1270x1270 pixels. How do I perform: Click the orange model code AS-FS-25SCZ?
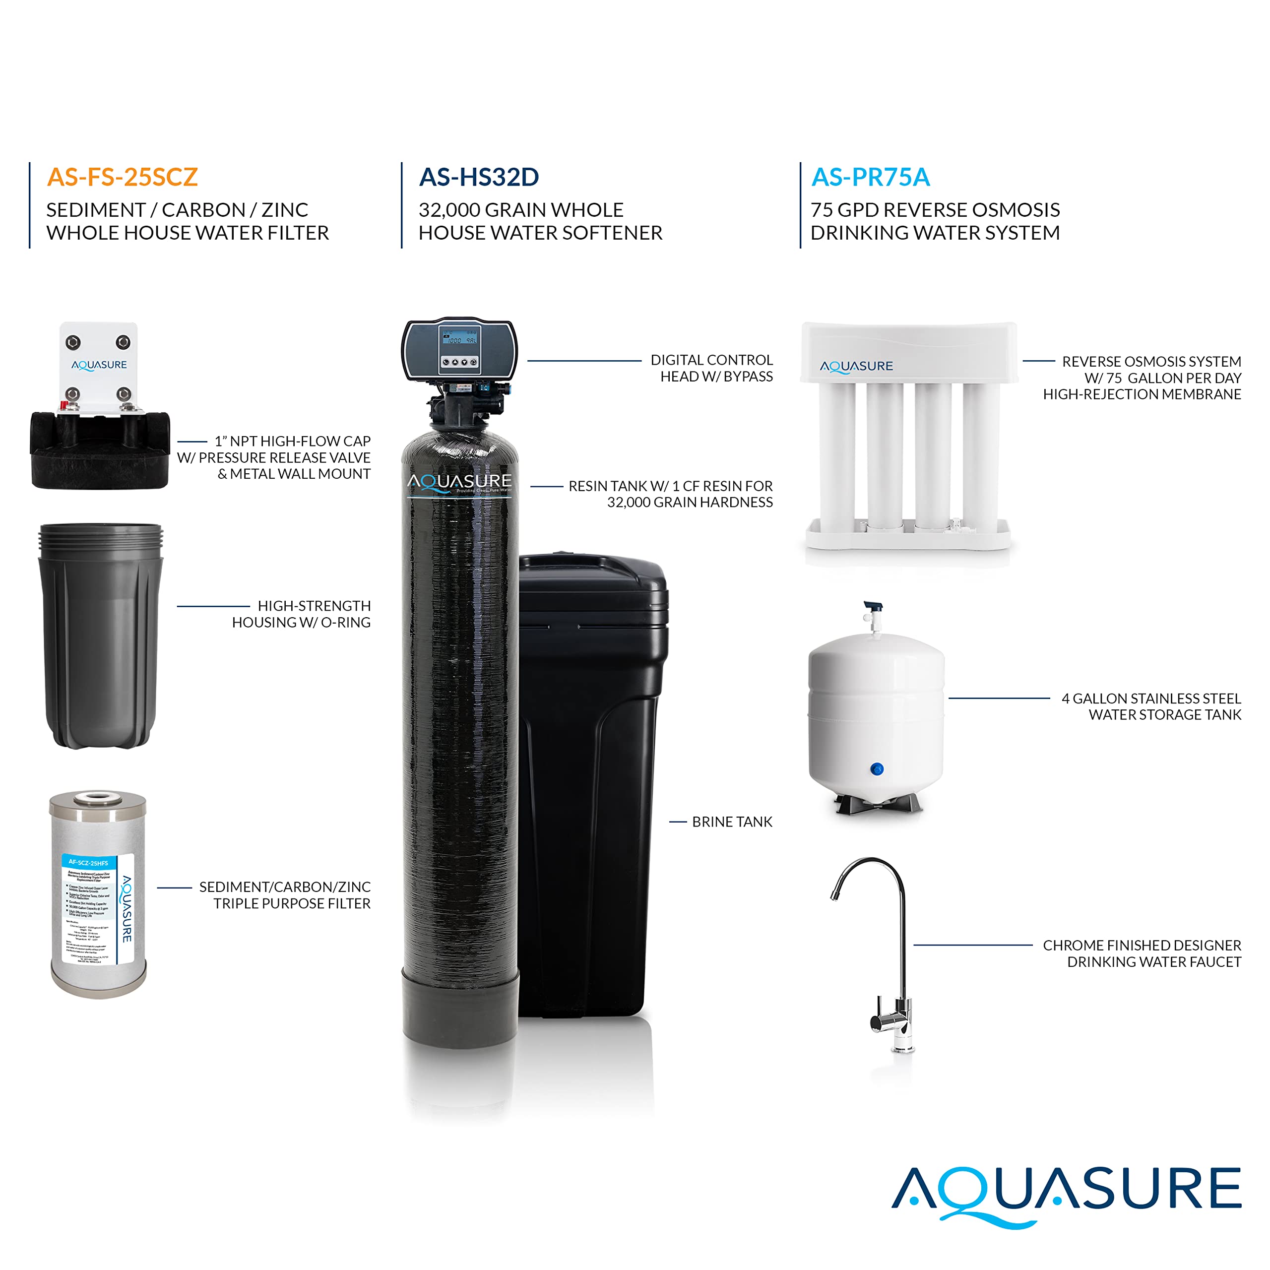pos(122,177)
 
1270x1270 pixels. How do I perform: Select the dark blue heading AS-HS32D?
pos(479,177)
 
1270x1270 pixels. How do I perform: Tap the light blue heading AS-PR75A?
pos(870,177)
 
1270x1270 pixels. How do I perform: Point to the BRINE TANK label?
pos(732,822)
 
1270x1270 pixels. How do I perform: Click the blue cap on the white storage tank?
pos(876,768)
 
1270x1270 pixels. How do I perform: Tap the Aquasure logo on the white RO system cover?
pos(856,366)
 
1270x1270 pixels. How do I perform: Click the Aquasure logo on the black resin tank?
pos(459,483)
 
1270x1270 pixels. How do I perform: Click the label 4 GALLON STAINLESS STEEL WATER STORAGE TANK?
pos(1151,706)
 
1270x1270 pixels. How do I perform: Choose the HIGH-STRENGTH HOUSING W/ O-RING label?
pos(301,614)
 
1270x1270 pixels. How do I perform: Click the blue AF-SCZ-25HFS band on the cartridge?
pos(88,862)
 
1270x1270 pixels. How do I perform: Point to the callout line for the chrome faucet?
pos(973,945)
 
